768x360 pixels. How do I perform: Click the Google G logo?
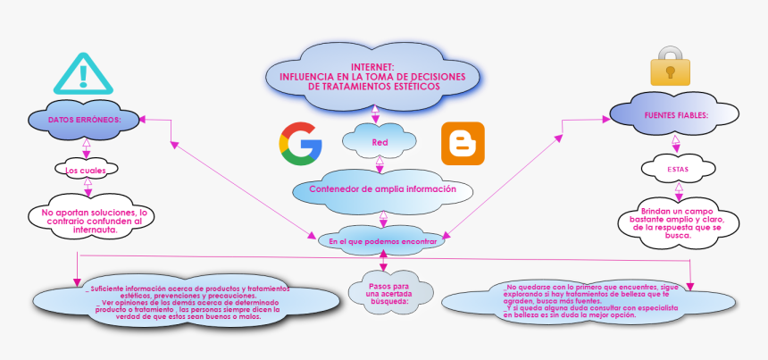[300, 143]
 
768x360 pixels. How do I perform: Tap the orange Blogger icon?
[463, 143]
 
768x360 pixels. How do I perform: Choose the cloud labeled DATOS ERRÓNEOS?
[85, 119]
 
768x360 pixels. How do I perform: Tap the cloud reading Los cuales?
[86, 169]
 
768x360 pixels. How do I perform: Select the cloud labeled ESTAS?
[678, 168]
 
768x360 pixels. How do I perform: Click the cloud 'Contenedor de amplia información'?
[382, 189]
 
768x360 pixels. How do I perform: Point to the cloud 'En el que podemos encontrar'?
[382, 241]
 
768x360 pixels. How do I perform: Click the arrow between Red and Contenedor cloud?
[380, 163]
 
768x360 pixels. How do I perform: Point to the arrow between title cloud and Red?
[375, 113]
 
